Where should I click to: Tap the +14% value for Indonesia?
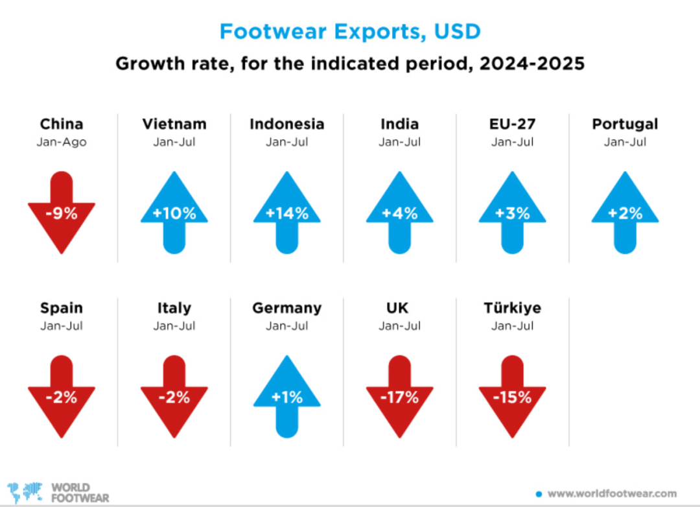[x=287, y=213]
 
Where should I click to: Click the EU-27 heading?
[x=512, y=124]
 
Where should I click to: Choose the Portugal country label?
[x=625, y=124]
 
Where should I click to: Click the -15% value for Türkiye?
[x=512, y=397]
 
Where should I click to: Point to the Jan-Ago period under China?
[x=62, y=142]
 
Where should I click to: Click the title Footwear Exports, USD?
[x=350, y=31]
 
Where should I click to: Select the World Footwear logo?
[x=49, y=492]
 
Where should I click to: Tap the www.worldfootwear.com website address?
[x=612, y=493]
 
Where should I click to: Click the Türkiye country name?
[x=512, y=308]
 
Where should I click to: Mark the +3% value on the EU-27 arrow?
[x=512, y=213]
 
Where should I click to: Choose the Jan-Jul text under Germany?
[x=287, y=326]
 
